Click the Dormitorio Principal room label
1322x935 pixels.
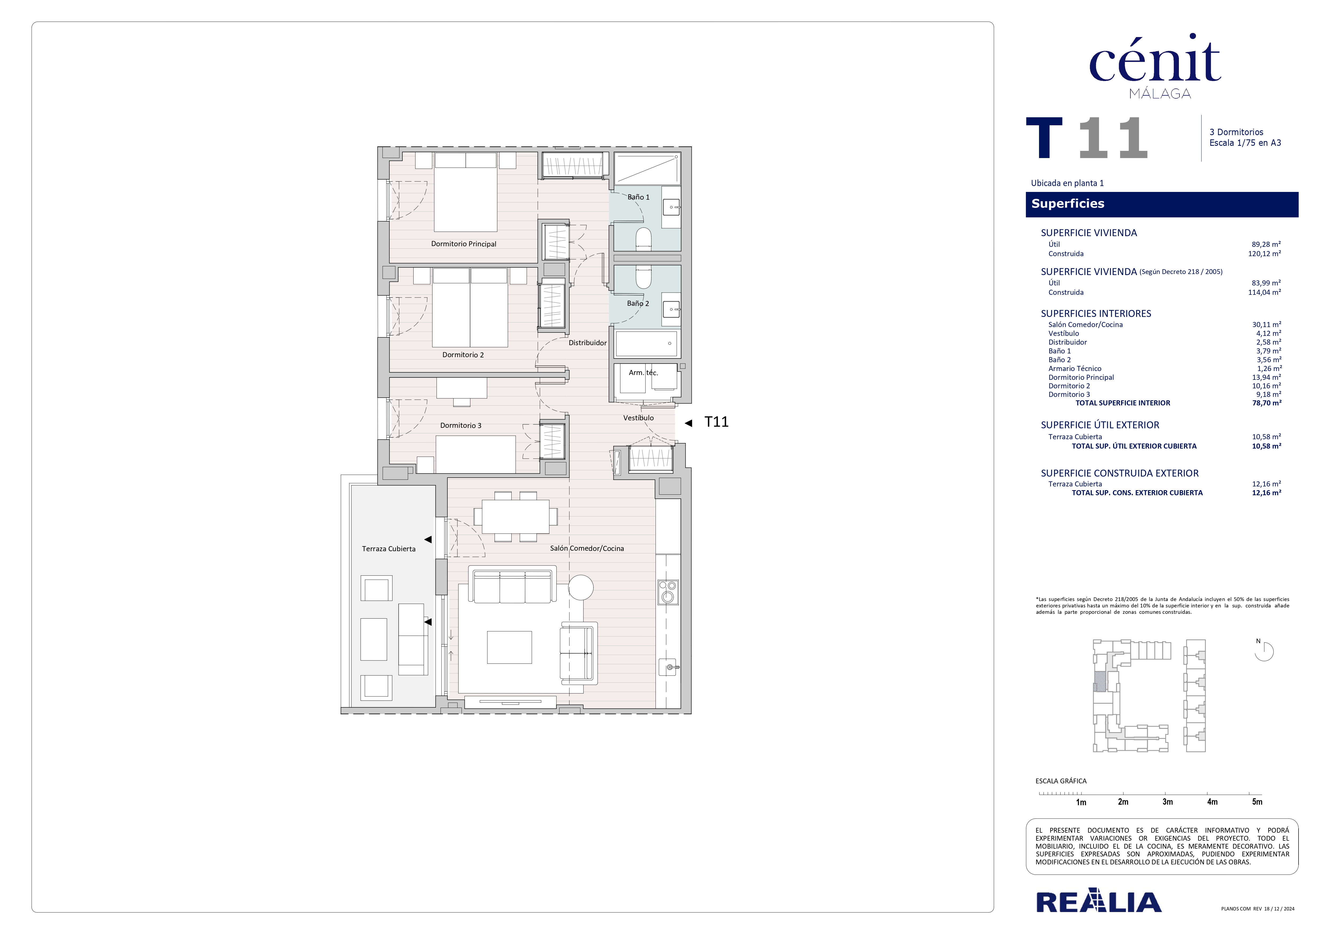pos(463,244)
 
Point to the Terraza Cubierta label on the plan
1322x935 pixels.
pos(389,549)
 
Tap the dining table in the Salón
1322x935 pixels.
pos(515,517)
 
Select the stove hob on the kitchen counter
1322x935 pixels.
pos(668,593)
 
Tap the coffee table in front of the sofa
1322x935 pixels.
pos(509,647)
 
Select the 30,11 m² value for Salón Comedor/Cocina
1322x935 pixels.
pos(1266,325)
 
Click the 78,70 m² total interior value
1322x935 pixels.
pos(1266,403)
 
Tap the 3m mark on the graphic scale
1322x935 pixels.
pos(1167,801)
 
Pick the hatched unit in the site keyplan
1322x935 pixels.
pos(1100,682)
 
